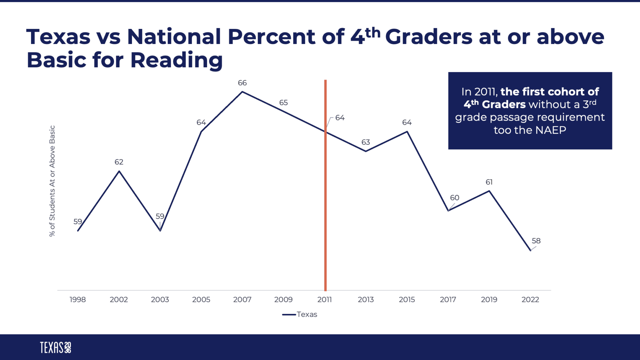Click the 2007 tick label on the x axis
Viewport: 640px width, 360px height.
[x=242, y=299]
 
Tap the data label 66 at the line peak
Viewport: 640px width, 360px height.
[x=242, y=83]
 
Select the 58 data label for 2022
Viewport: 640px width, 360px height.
[x=536, y=241]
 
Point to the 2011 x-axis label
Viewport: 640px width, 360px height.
[x=324, y=299]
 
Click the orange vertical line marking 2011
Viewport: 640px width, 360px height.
[x=325, y=200]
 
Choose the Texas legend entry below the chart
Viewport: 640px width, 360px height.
[x=300, y=314]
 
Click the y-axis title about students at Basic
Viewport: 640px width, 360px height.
[x=52, y=181]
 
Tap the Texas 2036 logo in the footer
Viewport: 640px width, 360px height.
[x=55, y=347]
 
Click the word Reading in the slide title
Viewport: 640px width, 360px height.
[x=176, y=60]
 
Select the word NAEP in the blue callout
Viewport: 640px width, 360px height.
[x=551, y=130]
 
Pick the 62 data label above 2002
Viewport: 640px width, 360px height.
[x=119, y=162]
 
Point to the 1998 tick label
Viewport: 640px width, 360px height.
[x=78, y=299]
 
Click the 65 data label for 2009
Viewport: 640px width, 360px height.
[x=283, y=103]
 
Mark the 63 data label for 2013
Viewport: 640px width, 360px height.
[x=366, y=142]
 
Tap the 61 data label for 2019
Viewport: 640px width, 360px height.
[x=489, y=182]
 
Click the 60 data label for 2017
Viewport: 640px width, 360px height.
[x=455, y=198]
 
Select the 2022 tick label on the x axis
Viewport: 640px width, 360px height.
[x=530, y=299]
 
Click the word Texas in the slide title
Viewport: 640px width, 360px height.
[x=58, y=37]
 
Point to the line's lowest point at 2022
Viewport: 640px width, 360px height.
[x=530, y=250]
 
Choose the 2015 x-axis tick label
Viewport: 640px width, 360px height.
[x=407, y=299]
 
